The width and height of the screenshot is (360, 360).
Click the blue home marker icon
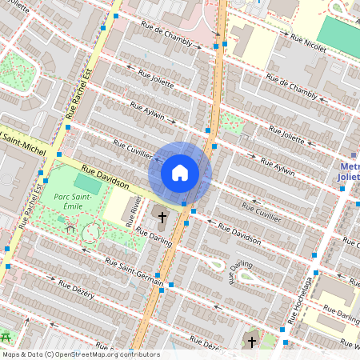[x=180, y=173]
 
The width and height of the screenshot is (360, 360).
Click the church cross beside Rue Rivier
[x=162, y=217]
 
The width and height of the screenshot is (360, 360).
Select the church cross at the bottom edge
[x=251, y=342]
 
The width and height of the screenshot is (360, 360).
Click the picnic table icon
[x=8, y=337]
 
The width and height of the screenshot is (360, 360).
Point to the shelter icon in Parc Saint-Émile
[x=71, y=229]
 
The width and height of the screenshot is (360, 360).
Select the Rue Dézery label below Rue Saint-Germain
[x=77, y=290]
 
